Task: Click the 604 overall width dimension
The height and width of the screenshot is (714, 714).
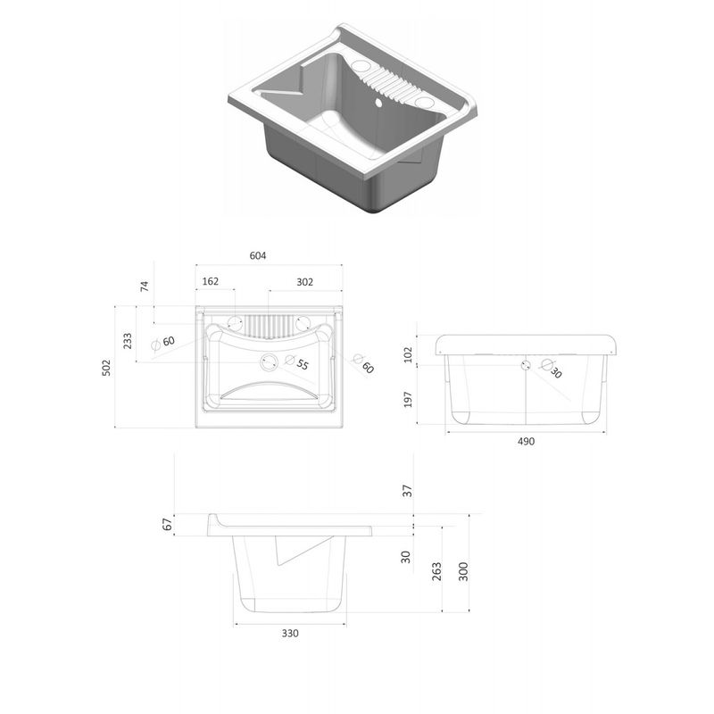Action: click(258, 256)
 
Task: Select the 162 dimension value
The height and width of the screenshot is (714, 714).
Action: click(211, 282)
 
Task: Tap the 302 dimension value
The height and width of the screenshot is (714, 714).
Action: click(305, 282)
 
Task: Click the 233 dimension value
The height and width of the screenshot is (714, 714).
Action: click(128, 340)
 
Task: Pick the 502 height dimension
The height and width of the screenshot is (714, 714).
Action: click(105, 367)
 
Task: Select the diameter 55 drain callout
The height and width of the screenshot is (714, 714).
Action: click(301, 365)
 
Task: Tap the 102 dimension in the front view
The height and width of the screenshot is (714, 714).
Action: click(409, 354)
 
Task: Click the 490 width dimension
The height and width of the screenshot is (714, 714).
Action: click(526, 443)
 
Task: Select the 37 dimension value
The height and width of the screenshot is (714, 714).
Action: click(407, 491)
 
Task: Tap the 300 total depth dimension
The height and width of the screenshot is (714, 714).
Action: click(462, 570)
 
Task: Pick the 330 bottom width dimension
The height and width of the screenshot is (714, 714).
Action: click(289, 633)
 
